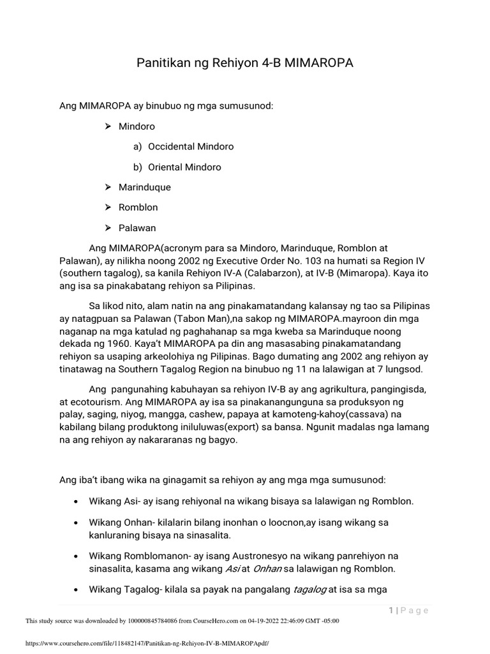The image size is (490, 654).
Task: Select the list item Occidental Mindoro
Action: pos(191,146)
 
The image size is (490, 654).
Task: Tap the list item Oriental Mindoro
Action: pos(184,167)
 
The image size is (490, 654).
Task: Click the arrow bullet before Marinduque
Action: pos(108,187)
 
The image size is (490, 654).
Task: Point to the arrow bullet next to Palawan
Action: pos(108,228)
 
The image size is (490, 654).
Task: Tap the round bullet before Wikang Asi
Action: pos(77,501)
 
